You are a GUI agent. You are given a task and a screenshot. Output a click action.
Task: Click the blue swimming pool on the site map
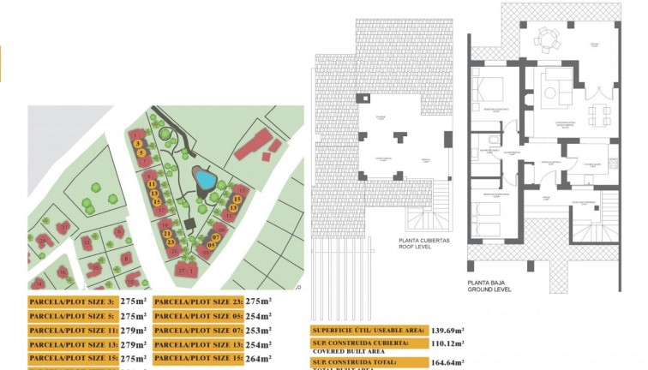coord(206,179)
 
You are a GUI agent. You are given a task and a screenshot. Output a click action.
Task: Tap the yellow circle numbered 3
coord(138,143)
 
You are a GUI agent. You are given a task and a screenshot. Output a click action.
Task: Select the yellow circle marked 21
coord(168,233)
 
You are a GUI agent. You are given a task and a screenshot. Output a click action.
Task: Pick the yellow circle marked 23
coord(172,242)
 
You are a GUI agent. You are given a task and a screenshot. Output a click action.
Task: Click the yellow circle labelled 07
coord(217,236)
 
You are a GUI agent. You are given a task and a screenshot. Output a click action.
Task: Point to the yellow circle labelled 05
coord(211,246)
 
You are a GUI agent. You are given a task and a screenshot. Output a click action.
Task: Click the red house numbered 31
coord(135,133)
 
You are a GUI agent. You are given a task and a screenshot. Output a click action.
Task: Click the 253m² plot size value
coord(258,330)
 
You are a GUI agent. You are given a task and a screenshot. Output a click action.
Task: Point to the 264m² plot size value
coord(258,359)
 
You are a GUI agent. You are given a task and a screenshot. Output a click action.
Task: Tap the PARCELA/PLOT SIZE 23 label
coord(198,301)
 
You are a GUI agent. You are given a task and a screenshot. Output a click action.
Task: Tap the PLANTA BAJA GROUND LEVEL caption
coord(489,286)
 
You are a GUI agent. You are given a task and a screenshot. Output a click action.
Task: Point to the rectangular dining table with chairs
coord(594,114)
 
